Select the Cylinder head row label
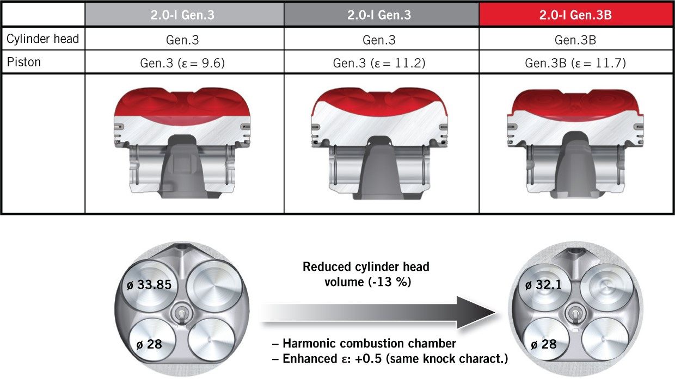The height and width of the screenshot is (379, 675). coord(42,39)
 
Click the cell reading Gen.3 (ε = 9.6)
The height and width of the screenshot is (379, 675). coord(185,64)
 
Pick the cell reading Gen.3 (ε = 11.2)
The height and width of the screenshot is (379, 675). coord(379,64)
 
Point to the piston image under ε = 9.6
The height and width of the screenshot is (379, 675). coord(184,142)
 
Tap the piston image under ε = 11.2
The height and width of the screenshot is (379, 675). coord(379,144)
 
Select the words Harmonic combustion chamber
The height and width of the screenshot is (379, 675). coord(369,344)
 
